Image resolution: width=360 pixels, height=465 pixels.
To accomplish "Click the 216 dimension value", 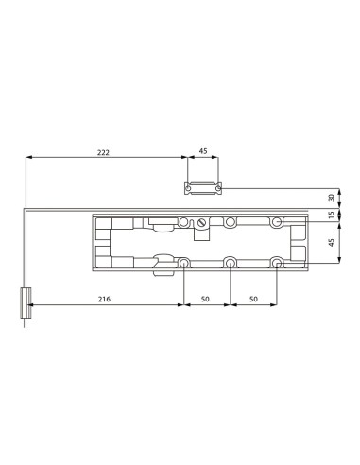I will (104, 299).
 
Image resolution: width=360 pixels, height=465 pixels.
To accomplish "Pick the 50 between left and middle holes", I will (207, 299).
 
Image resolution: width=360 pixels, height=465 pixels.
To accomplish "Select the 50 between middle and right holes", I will (253, 299).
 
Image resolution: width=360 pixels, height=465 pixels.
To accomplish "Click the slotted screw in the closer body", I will (201, 223).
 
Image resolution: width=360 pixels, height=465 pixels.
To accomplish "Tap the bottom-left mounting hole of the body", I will (184, 263).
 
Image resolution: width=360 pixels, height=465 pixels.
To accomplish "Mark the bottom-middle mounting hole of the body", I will (230, 263).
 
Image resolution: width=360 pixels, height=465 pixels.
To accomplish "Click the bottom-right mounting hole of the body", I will (276, 263).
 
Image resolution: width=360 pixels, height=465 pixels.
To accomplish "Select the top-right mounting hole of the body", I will (276, 222).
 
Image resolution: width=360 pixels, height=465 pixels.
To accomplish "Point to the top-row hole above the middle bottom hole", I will (230, 222).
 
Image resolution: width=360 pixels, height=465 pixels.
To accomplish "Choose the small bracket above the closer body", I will (203, 189).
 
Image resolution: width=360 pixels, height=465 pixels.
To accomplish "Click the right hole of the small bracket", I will (216, 189).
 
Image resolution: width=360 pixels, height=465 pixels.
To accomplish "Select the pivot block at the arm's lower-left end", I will (26, 303).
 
